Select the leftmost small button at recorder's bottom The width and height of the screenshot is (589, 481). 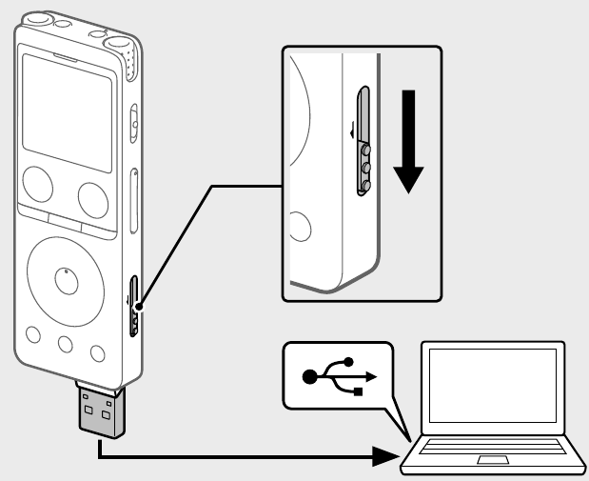coord(34,334)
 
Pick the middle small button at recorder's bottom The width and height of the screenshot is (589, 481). coord(65,344)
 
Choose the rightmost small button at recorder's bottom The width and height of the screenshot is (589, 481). coord(96,353)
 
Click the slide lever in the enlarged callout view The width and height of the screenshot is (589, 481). coord(362,143)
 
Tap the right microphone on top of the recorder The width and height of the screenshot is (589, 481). coord(122,45)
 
